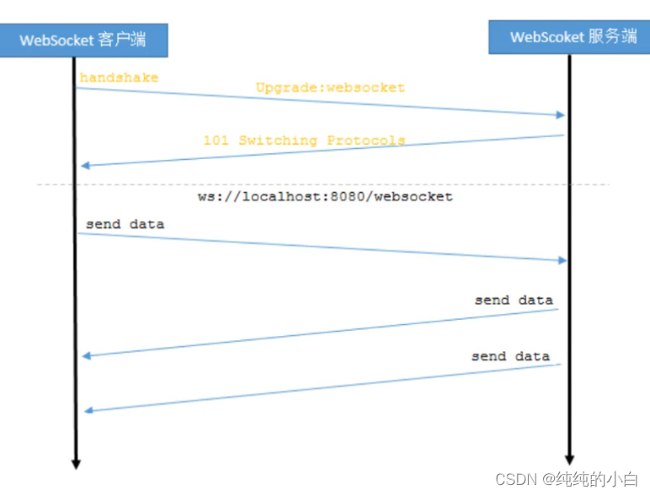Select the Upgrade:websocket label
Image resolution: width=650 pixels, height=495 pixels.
point(330,88)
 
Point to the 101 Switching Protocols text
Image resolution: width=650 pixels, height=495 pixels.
point(304,141)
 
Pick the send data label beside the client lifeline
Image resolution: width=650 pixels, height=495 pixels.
point(125,225)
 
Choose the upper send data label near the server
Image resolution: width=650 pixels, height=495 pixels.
point(514,300)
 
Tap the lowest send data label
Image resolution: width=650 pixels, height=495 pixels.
point(510,356)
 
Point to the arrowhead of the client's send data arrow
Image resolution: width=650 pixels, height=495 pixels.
point(562,260)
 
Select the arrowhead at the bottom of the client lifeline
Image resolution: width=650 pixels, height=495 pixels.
point(76,463)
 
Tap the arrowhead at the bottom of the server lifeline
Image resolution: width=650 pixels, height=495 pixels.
point(569,460)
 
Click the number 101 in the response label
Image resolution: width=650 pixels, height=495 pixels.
point(216,141)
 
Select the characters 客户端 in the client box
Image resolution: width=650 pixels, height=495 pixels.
point(121,40)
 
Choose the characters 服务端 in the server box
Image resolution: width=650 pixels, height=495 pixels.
point(612,37)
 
